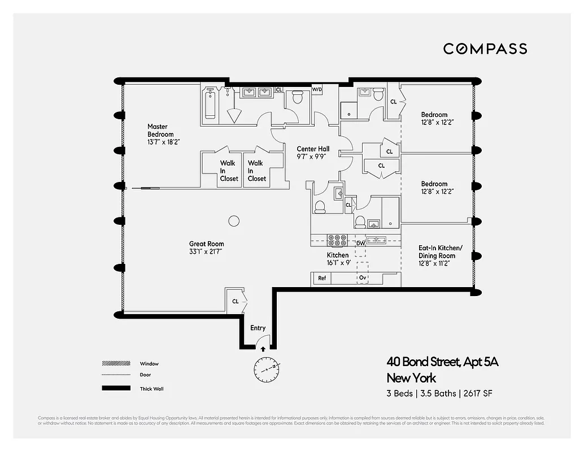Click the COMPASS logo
tap(485, 49)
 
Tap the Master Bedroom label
tap(160, 131)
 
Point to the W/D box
tap(317, 89)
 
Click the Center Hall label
tap(313, 149)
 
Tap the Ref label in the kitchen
tap(322, 279)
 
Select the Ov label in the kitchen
tap(363, 279)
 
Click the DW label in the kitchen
tap(360, 244)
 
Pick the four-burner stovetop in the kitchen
tap(338, 241)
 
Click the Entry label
tap(258, 328)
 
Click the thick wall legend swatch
tap(116, 389)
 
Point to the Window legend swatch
tap(116, 363)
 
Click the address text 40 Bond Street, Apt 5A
tap(442, 362)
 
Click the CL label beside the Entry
tap(235, 302)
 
